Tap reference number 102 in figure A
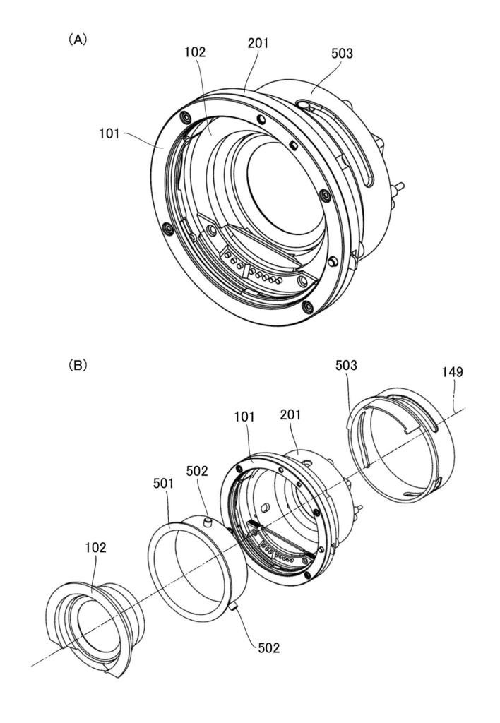click(195, 52)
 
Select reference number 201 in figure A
click(258, 43)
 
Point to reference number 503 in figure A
click(342, 54)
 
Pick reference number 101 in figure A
click(109, 133)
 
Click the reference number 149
click(452, 371)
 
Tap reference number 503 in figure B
click(346, 365)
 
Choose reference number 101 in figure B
click(244, 417)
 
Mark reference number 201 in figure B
click(290, 414)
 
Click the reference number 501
click(163, 483)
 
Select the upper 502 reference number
click(197, 471)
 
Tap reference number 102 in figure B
click(95, 547)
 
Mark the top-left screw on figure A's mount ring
click(186, 118)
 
